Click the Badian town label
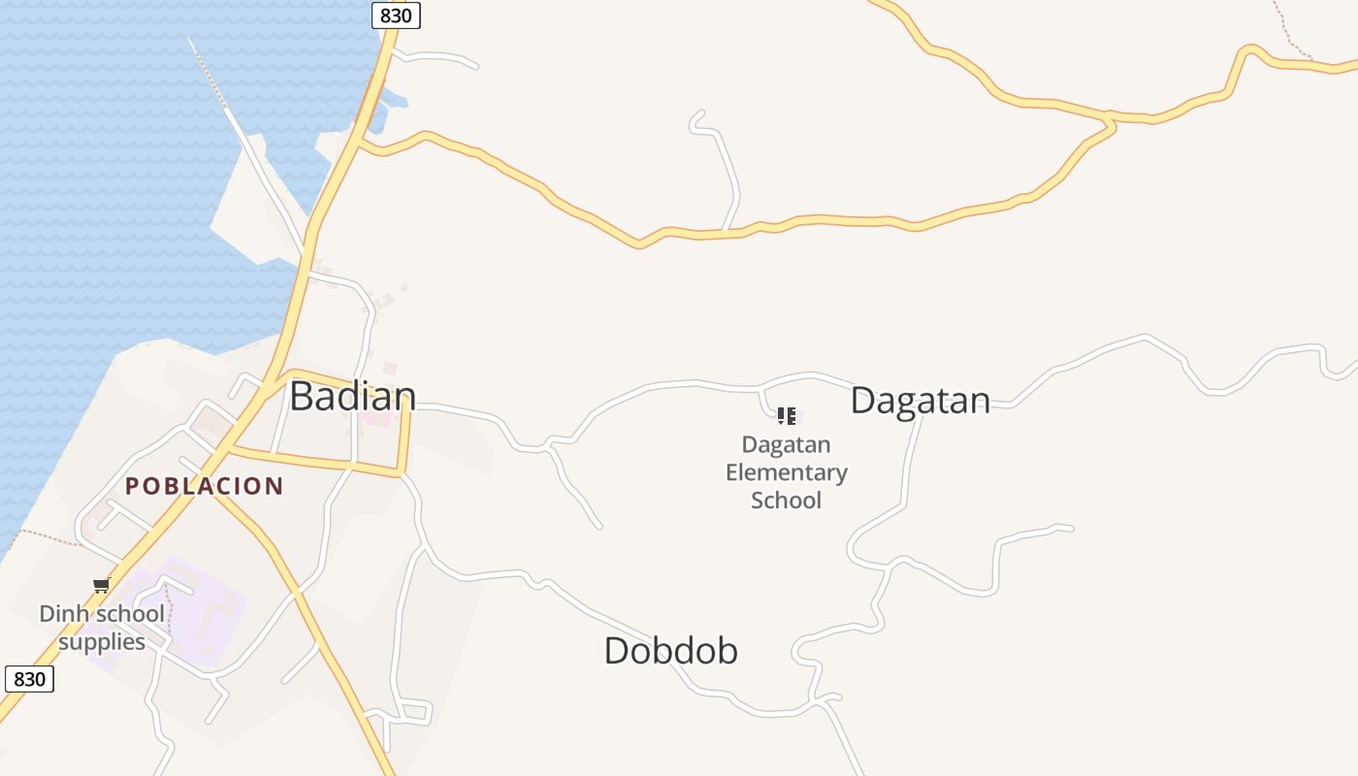(353, 396)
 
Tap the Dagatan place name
(920, 401)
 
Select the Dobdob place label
(670, 650)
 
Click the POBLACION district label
(204, 486)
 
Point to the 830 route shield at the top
(396, 16)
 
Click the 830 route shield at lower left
(29, 679)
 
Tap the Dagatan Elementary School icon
(786, 416)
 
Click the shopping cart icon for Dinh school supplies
(101, 585)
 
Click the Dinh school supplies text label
(102, 628)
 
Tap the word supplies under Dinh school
(102, 642)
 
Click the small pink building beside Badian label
(376, 419)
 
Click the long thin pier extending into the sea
(209, 73)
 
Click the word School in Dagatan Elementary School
(786, 501)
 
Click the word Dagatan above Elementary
(786, 445)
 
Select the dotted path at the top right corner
(1290, 29)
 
